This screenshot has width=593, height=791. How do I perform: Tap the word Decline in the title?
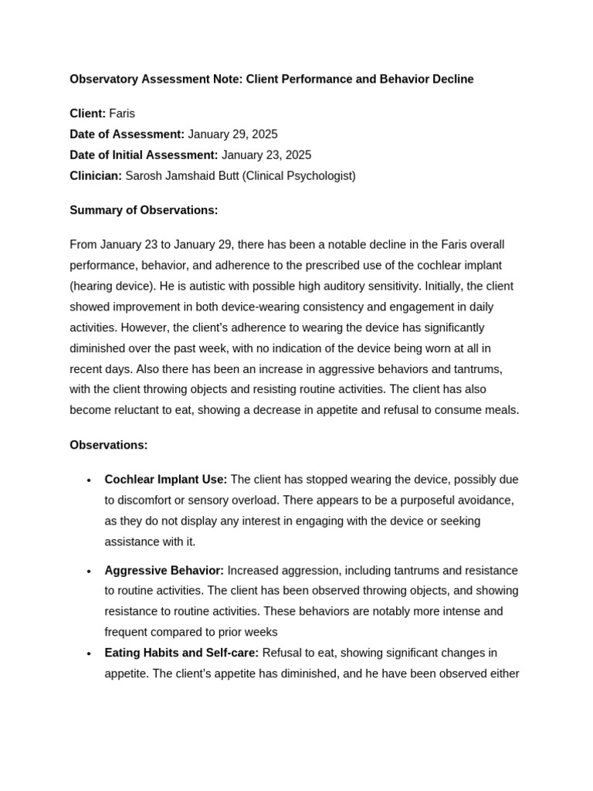pos(452,80)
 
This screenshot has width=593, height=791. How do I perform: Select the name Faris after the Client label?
pos(122,114)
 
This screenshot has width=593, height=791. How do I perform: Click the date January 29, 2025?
pos(232,134)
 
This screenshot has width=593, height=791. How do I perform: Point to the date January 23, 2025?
pos(266,155)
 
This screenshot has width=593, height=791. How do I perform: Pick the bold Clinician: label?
pos(96,176)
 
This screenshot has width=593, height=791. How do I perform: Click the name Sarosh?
pos(144,176)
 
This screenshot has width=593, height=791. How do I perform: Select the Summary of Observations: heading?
pos(144,210)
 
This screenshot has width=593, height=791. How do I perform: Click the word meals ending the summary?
pos(500,410)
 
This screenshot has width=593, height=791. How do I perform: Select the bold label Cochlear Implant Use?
pos(166,480)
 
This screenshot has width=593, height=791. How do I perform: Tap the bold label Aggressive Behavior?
pos(164,571)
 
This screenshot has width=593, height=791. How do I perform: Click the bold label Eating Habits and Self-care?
pos(182,654)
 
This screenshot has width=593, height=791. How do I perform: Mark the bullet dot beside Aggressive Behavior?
pos(89,572)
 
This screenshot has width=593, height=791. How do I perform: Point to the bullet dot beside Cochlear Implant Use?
pos(89,480)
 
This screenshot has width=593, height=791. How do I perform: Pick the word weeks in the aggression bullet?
pos(262,633)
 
